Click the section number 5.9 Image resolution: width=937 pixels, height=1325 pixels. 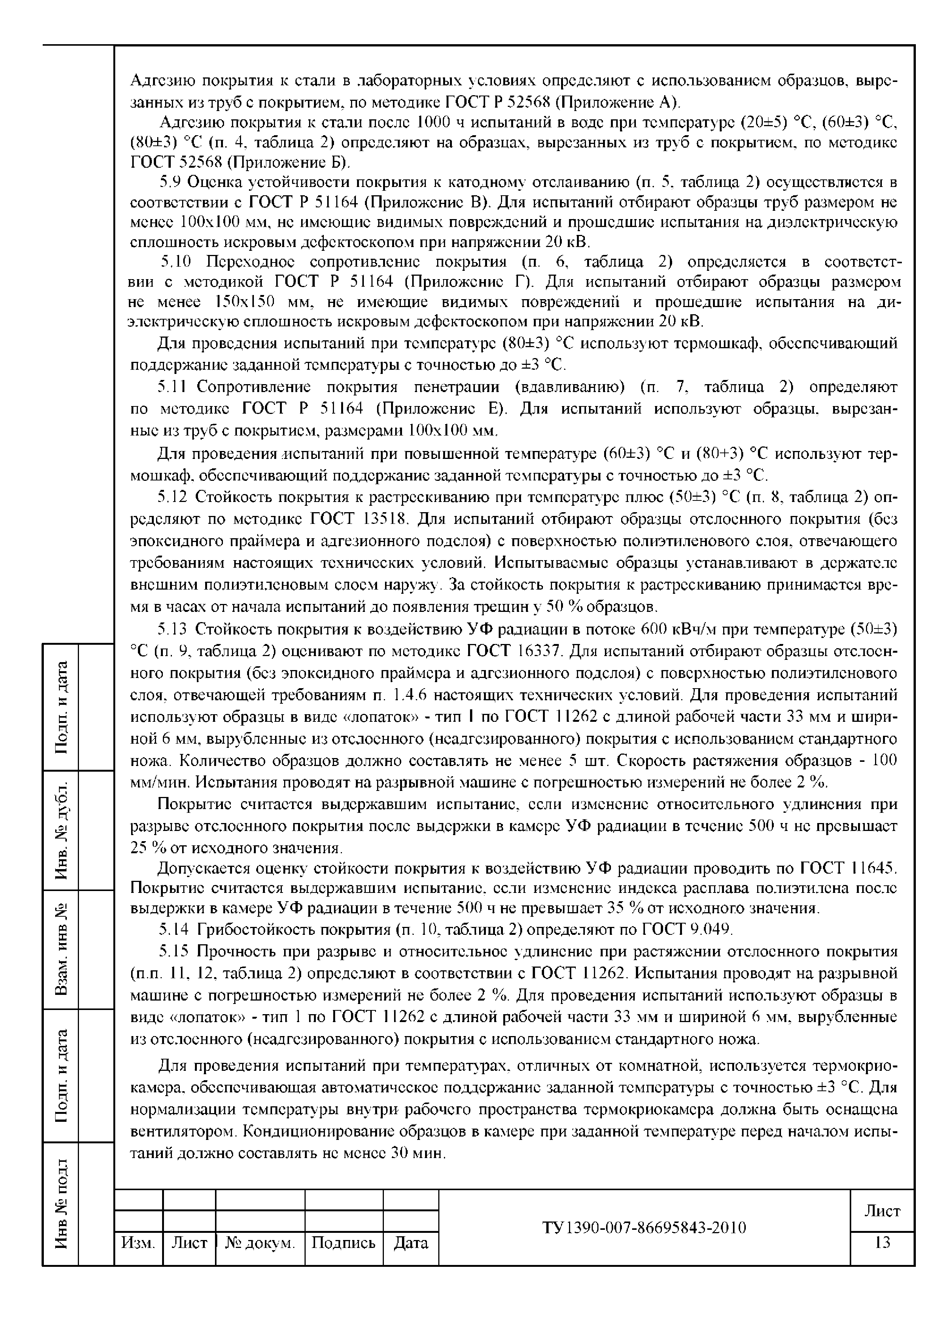(x=170, y=182)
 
